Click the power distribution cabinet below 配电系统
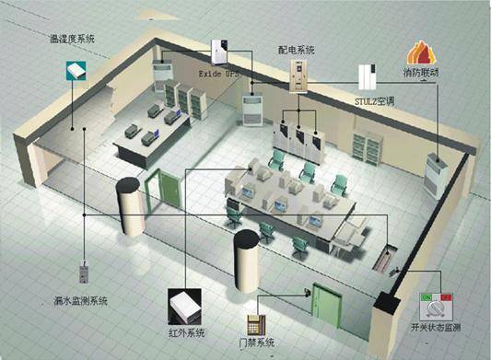(x=298, y=74)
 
